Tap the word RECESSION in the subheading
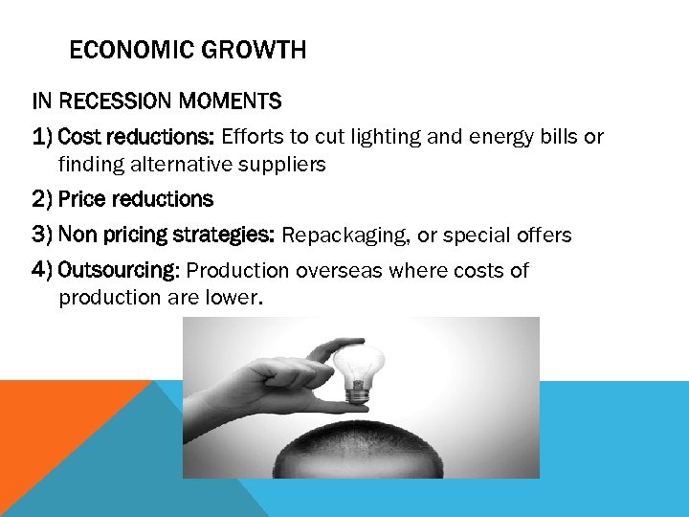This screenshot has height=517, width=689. [121, 101]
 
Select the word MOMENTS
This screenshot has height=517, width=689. [235, 101]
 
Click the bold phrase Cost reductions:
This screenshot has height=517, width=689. [137, 136]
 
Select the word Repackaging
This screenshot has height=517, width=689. [340, 236]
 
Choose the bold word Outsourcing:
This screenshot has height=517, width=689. [119, 270]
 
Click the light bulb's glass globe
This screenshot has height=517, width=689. [362, 362]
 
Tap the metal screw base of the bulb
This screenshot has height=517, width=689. [358, 392]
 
